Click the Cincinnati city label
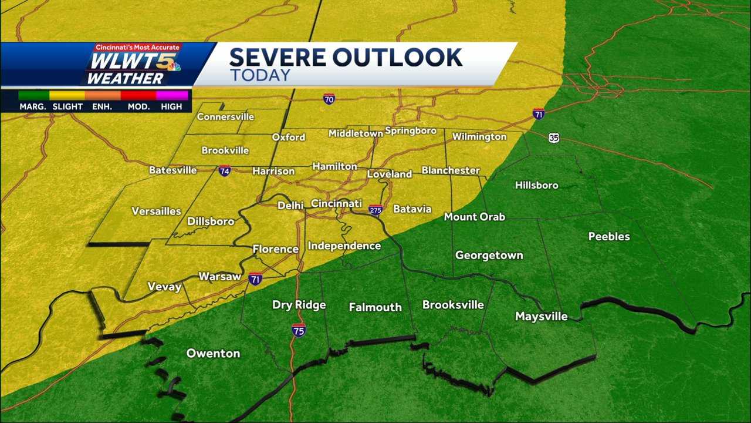(x=336, y=203)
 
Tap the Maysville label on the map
(x=541, y=317)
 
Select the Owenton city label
(x=213, y=354)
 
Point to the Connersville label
(x=225, y=117)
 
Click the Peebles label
(x=609, y=237)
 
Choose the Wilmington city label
(x=479, y=137)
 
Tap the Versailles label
(x=156, y=211)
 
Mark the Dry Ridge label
(x=299, y=305)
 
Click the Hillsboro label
(x=536, y=186)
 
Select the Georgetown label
(x=489, y=256)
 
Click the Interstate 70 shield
(x=329, y=99)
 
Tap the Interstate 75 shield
(x=299, y=330)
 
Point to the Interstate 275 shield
(x=375, y=210)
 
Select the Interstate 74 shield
(x=224, y=171)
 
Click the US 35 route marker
(x=554, y=137)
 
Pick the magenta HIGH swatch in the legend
(x=172, y=95)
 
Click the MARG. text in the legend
(x=33, y=107)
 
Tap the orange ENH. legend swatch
(x=103, y=95)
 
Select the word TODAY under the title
(x=260, y=75)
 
